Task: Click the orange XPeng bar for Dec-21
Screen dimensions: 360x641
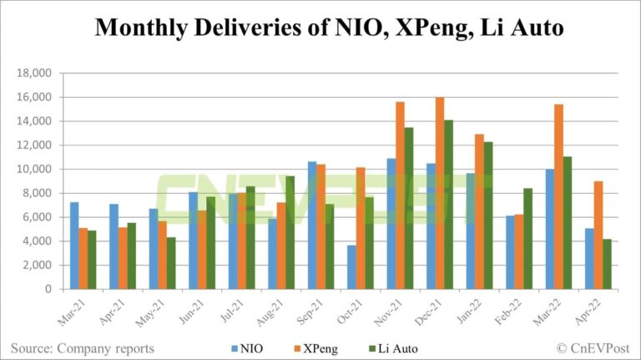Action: click(x=440, y=193)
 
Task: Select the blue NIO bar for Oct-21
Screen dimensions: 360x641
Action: click(x=351, y=266)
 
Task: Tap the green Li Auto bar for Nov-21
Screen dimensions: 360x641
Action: click(x=409, y=208)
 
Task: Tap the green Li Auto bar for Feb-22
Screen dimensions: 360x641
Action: click(x=528, y=238)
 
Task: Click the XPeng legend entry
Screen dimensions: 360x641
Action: click(x=313, y=347)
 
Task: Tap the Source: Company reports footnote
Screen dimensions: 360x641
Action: click(x=83, y=347)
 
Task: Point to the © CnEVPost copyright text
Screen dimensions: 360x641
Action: click(x=593, y=347)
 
